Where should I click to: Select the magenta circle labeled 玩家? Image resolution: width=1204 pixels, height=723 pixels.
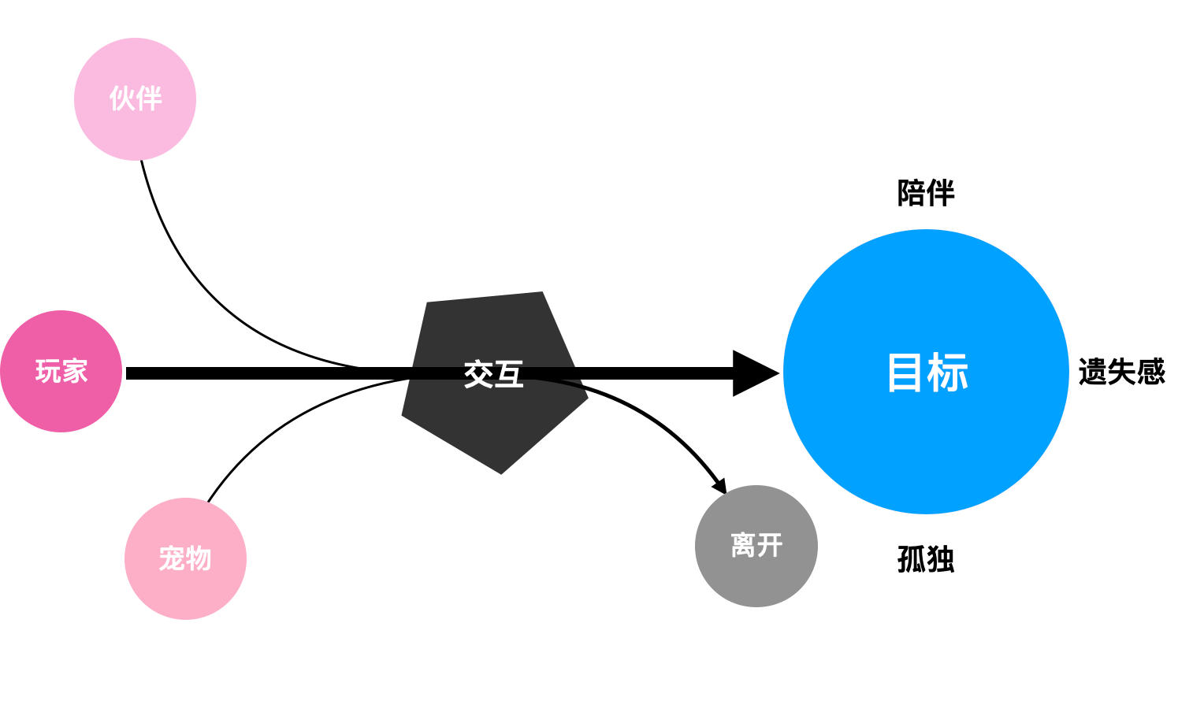[x=61, y=402]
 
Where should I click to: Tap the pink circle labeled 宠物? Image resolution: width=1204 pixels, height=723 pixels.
[x=185, y=591]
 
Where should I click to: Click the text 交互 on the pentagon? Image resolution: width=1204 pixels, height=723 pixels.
[x=493, y=374]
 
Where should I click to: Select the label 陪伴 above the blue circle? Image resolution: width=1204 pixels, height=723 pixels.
[x=926, y=193]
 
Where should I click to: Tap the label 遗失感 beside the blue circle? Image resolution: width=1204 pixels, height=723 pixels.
[x=1121, y=372]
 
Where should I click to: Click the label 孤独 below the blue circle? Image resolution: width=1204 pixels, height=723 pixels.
[x=926, y=559]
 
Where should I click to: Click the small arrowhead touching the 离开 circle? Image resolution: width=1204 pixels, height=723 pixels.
[x=719, y=487]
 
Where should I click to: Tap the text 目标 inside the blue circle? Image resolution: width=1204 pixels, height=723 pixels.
[x=927, y=373]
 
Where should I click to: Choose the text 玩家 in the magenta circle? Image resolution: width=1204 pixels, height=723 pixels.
[x=61, y=371]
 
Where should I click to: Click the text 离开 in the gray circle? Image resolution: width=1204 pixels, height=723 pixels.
[x=756, y=545]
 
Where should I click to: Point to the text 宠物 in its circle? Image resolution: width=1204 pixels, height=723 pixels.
[x=185, y=558]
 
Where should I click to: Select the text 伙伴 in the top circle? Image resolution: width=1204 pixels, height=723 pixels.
[x=135, y=99]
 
